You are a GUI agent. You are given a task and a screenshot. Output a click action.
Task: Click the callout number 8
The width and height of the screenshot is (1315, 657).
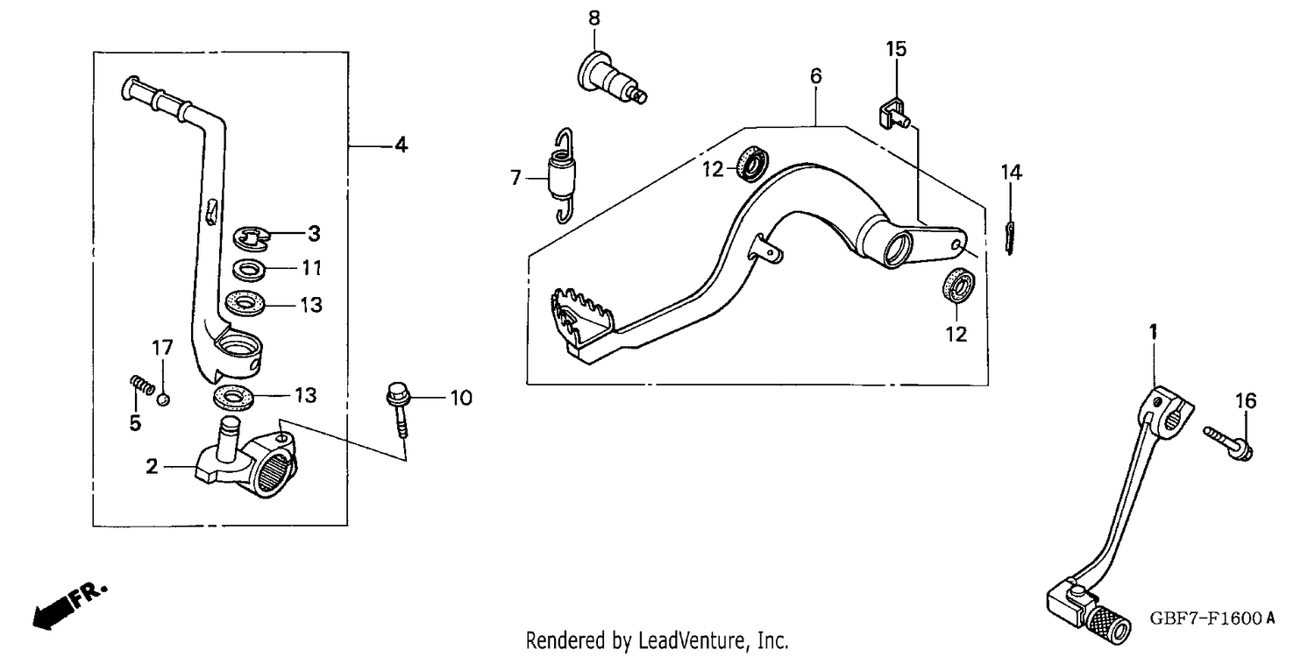pyautogui.click(x=594, y=18)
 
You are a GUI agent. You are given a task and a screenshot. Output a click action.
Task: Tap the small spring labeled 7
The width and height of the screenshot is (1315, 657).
pyautogui.click(x=562, y=175)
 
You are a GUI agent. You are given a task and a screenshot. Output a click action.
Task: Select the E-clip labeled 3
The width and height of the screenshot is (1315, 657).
pyautogui.click(x=252, y=237)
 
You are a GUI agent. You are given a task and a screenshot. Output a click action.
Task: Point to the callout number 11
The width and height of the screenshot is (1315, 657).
pyautogui.click(x=312, y=268)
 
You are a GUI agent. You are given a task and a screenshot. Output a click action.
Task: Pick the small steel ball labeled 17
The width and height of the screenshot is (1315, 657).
pyautogui.click(x=163, y=399)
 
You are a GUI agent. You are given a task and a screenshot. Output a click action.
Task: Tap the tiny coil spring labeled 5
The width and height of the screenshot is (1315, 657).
pyautogui.click(x=142, y=385)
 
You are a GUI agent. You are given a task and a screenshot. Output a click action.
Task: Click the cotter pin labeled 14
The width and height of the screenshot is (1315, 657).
pyautogui.click(x=1009, y=237)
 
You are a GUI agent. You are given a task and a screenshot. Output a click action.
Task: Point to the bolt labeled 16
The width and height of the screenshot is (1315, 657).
pyautogui.click(x=1228, y=443)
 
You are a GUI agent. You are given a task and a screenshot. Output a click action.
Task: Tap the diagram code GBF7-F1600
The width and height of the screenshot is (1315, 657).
pyautogui.click(x=1205, y=618)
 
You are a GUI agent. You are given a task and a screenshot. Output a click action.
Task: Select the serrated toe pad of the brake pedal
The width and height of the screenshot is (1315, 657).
pyautogui.click(x=583, y=317)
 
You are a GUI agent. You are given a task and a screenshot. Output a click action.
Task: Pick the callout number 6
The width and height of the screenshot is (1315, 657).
pyautogui.click(x=816, y=76)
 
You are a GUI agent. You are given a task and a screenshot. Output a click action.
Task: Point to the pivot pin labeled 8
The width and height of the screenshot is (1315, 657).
pyautogui.click(x=611, y=83)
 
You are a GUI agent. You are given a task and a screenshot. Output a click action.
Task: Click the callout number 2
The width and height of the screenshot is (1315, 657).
pyautogui.click(x=152, y=466)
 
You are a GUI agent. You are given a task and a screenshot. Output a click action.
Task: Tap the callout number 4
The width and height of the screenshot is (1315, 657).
pyautogui.click(x=401, y=145)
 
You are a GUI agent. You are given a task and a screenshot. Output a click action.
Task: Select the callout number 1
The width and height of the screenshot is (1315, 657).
pyautogui.click(x=1153, y=332)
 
